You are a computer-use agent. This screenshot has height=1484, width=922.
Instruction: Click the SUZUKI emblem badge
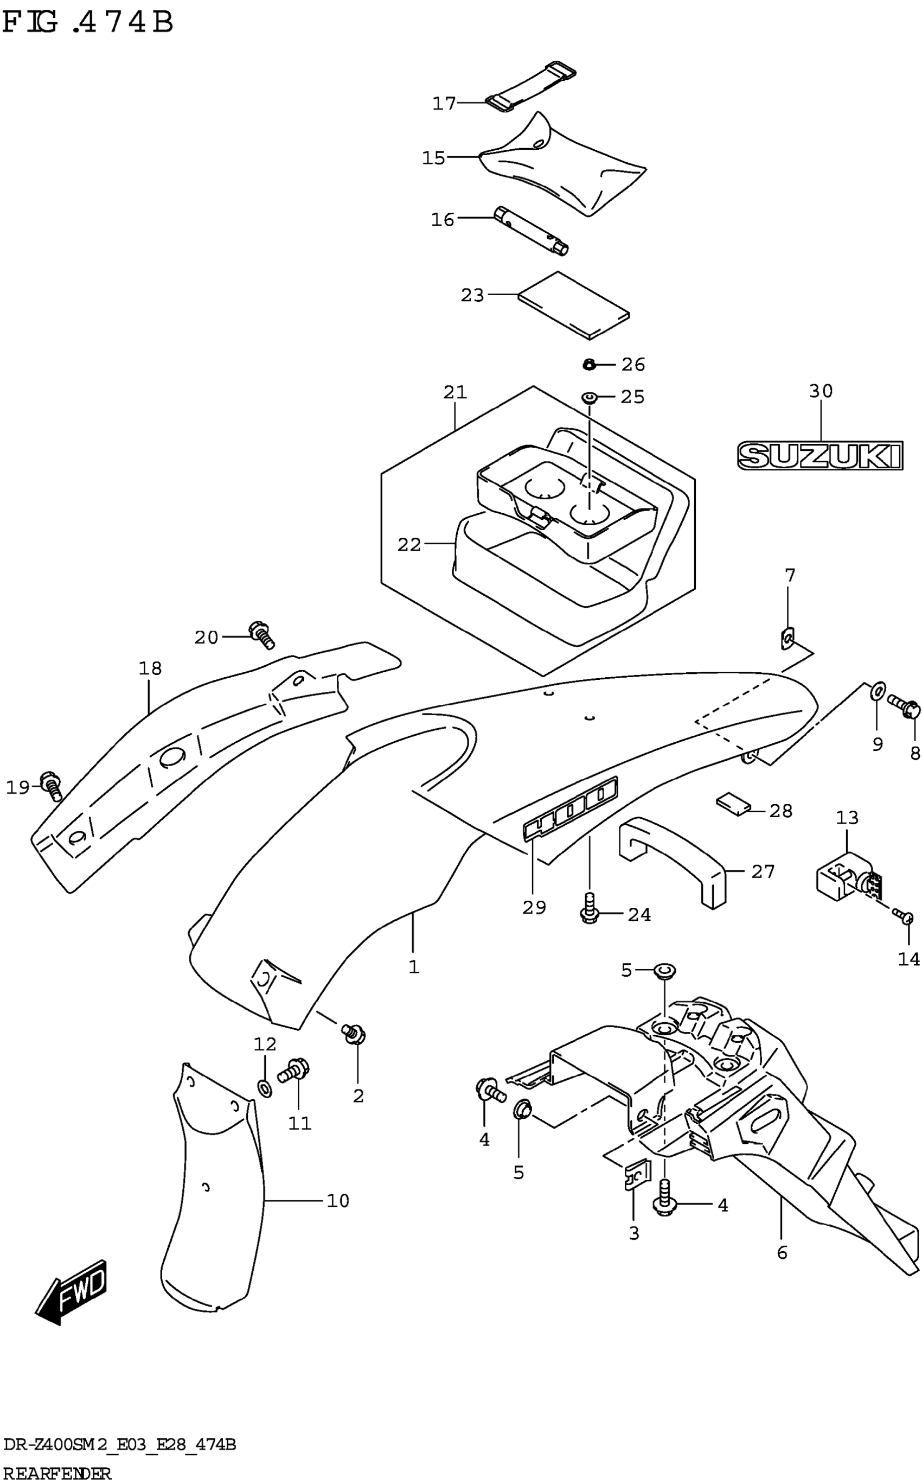click(x=819, y=456)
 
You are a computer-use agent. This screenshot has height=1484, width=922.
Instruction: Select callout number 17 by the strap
click(x=444, y=104)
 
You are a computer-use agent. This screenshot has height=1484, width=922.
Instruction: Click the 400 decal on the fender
click(x=569, y=809)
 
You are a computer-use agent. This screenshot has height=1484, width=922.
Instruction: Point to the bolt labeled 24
click(x=589, y=910)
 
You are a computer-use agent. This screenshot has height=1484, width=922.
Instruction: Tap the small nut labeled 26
click(x=588, y=365)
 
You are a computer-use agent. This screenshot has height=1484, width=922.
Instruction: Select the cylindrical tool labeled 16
click(x=530, y=231)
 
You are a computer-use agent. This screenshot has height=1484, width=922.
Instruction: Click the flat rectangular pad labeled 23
click(x=573, y=305)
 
